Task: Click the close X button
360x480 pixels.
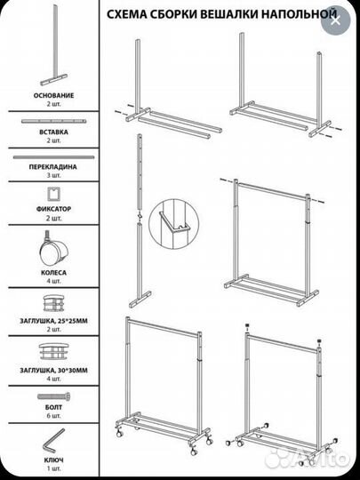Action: (x=335, y=20)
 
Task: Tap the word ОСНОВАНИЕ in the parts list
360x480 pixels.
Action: (x=54, y=95)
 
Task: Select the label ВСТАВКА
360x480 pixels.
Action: (x=54, y=132)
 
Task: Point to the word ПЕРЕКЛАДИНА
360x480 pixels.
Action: (x=53, y=167)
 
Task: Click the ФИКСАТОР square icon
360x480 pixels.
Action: (x=53, y=194)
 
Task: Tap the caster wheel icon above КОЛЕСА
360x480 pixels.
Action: (x=53, y=249)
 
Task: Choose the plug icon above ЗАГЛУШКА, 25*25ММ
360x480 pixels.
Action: (x=53, y=303)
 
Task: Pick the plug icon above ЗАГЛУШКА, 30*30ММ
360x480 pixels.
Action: (x=54, y=351)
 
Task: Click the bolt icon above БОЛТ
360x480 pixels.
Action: (x=54, y=396)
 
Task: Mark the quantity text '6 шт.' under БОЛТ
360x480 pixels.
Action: (x=54, y=416)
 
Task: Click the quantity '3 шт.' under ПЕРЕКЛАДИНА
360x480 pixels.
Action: (x=54, y=175)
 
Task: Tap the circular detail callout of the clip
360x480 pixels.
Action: (x=172, y=224)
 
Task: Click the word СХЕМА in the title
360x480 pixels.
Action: (x=124, y=14)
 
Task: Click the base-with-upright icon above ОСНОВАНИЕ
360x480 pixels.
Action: (x=54, y=45)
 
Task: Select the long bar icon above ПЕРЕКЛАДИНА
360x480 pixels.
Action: (x=53, y=157)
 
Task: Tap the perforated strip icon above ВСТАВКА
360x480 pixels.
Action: (x=53, y=121)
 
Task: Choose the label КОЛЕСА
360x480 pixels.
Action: (x=54, y=273)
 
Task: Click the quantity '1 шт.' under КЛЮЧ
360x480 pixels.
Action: (x=54, y=468)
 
